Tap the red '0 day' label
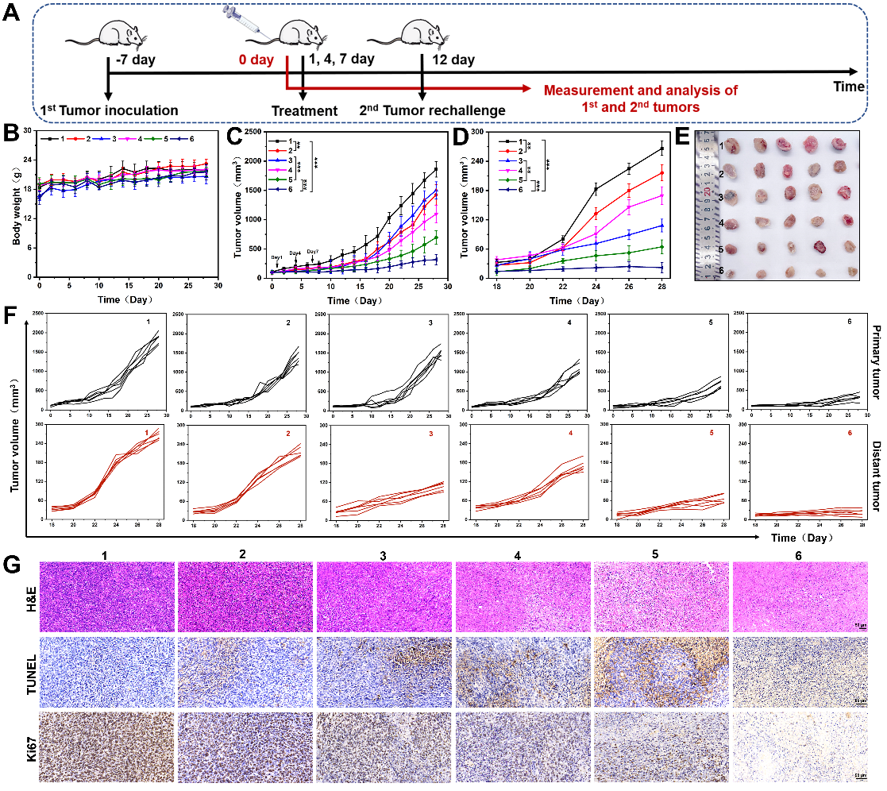(263, 59)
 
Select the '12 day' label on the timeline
(453, 60)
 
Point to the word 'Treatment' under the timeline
(304, 111)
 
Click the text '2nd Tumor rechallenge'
(422, 111)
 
